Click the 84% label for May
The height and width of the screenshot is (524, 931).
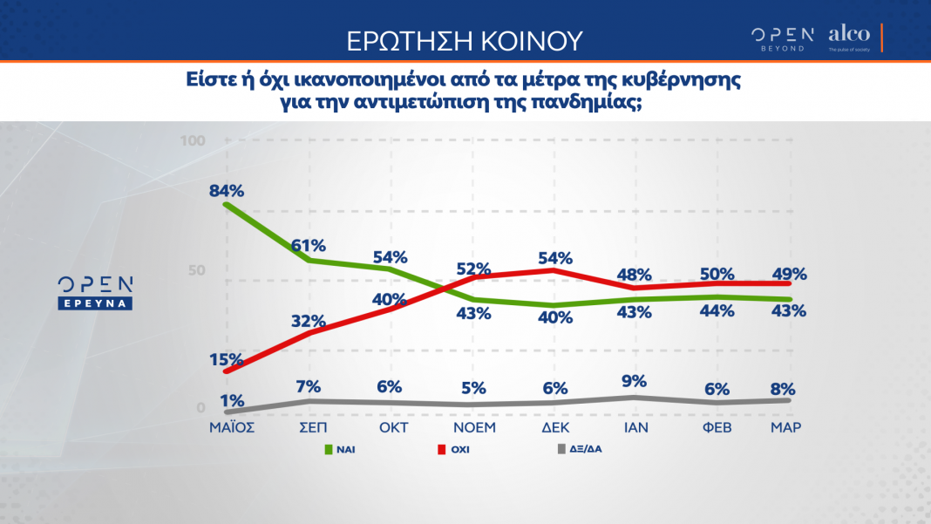coord(226,190)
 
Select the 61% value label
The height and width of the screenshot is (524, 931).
coord(308,245)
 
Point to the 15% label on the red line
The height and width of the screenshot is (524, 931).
coord(226,358)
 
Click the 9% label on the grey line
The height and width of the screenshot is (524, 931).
coord(635,380)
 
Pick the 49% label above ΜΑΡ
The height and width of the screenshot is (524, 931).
coord(788,274)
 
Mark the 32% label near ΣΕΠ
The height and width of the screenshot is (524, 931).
coord(308,320)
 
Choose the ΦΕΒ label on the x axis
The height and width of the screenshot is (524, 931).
coord(716,428)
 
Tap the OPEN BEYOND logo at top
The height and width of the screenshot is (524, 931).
coord(782,37)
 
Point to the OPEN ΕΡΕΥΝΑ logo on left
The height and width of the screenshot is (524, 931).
coord(95,293)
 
